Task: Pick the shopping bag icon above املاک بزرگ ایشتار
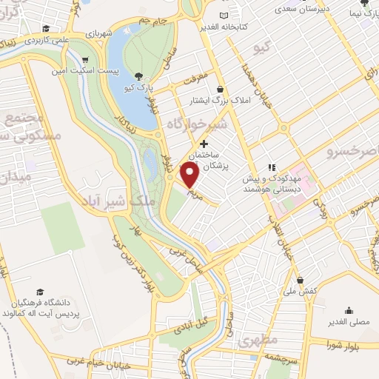click(x=219, y=89)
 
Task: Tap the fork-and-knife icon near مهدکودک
click(x=272, y=168)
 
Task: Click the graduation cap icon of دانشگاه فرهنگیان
click(x=39, y=293)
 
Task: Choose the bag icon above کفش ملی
click(x=300, y=280)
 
